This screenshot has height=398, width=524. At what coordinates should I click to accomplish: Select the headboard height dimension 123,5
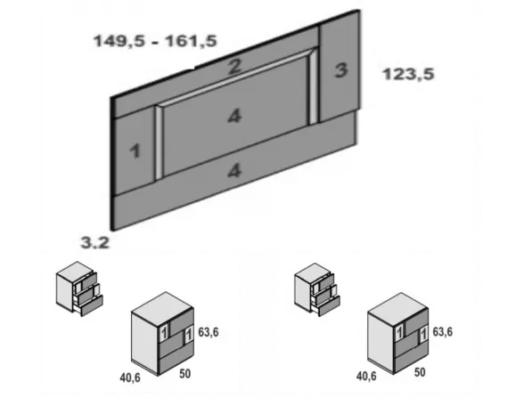[408, 76]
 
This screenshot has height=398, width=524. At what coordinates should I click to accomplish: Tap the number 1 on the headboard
[135, 151]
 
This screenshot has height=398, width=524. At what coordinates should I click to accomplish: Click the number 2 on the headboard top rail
[233, 66]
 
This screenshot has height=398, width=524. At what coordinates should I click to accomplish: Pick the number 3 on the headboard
[340, 72]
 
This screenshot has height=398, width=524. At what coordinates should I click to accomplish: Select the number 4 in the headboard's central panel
[233, 116]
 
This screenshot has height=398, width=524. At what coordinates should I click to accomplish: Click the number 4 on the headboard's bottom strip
[233, 172]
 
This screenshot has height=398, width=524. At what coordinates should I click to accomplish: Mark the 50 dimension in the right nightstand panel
[420, 371]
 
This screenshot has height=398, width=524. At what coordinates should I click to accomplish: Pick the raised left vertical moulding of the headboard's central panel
[159, 142]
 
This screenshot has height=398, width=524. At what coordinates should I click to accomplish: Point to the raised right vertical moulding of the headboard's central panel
[313, 89]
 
